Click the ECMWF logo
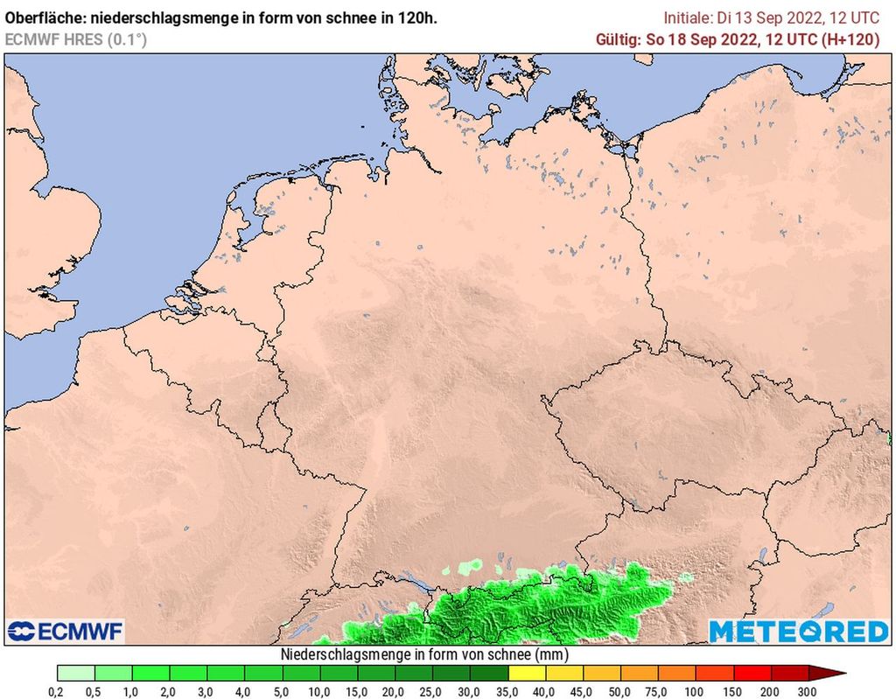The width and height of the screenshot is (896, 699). (x=66, y=631)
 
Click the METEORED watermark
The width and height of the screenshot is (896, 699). (x=798, y=631)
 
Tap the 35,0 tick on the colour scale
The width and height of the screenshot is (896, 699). (x=508, y=691)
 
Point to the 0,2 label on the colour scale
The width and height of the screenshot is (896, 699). (x=57, y=691)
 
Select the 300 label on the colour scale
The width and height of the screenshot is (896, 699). (x=808, y=691)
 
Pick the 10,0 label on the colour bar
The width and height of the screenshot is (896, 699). (x=320, y=691)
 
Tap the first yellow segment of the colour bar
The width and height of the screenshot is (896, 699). (x=527, y=673)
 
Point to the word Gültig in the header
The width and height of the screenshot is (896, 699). (x=617, y=39)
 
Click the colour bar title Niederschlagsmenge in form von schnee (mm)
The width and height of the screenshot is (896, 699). (x=424, y=654)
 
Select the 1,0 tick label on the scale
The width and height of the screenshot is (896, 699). (x=132, y=691)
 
